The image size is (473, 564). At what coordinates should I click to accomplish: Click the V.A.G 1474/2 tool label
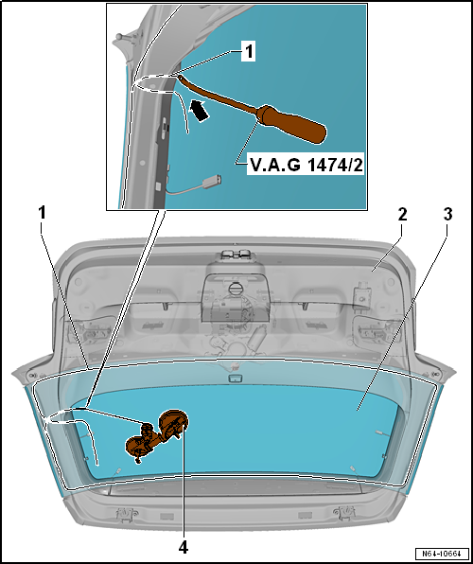(x=306, y=167)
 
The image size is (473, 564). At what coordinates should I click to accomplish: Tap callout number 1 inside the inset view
(x=248, y=52)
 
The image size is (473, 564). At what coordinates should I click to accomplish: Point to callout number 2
(x=402, y=215)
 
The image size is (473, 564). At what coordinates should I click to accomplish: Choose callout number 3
(x=447, y=215)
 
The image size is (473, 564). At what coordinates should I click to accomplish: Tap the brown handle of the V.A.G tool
(x=293, y=124)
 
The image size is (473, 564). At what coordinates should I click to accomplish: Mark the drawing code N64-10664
(x=442, y=553)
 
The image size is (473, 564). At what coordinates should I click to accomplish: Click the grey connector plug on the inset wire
(x=212, y=182)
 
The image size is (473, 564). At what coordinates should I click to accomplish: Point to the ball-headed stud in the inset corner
(x=120, y=38)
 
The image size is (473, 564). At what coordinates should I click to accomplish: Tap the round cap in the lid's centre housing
(x=235, y=290)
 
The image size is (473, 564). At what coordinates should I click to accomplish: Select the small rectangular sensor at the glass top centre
(x=236, y=379)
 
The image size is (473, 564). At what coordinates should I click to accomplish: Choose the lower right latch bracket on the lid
(x=344, y=512)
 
